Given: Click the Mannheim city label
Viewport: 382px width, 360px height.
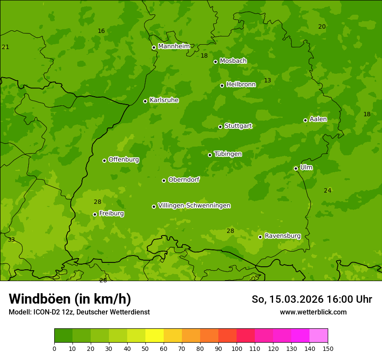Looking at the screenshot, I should pyautogui.click(x=174, y=46).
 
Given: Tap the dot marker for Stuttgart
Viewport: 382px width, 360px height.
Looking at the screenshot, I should pyautogui.click(x=220, y=127).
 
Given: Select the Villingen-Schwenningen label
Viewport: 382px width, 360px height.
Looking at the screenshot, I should pyautogui.click(x=194, y=206).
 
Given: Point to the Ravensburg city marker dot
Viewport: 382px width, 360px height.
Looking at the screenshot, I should pyautogui.click(x=260, y=237).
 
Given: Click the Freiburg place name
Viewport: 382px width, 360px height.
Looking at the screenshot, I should pyautogui.click(x=111, y=213).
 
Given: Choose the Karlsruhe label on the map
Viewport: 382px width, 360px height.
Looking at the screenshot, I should pyautogui.click(x=164, y=100).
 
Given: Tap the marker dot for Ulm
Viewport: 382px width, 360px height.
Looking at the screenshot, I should pyautogui.click(x=296, y=168).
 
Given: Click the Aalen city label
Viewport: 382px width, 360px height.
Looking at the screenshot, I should pyautogui.click(x=318, y=119).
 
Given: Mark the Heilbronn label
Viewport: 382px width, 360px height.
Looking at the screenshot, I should pyautogui.click(x=241, y=85).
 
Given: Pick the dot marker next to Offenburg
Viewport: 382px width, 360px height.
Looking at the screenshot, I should pyautogui.click(x=104, y=160).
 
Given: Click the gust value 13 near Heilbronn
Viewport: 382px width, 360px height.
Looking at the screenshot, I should pyautogui.click(x=267, y=81).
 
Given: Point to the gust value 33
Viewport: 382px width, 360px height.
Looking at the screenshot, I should pyautogui.click(x=11, y=240).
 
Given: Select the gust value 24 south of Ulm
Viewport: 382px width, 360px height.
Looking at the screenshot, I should pyautogui.click(x=327, y=191).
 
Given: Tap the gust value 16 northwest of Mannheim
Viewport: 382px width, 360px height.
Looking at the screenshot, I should pyautogui.click(x=101, y=31).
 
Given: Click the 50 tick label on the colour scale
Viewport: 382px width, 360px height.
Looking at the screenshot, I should pyautogui.click(x=145, y=348).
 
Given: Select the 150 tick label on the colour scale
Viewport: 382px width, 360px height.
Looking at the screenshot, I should pyautogui.click(x=328, y=348).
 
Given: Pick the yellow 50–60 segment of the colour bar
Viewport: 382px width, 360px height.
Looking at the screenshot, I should pyautogui.click(x=155, y=336).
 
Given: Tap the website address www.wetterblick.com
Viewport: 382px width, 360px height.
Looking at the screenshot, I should pyautogui.click(x=313, y=312).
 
